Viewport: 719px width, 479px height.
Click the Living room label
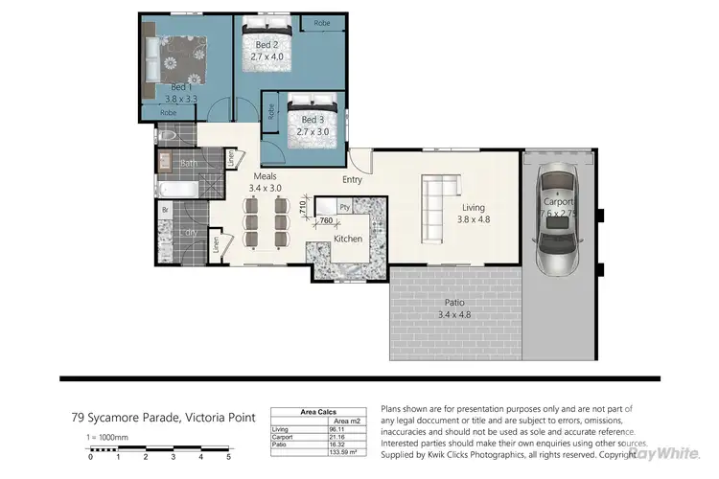pos(474,207)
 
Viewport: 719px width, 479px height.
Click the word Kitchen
pos(347,238)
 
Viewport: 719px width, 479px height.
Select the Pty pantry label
pos(344,207)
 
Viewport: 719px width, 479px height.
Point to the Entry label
pos(352,179)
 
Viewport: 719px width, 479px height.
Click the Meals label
pos(266,176)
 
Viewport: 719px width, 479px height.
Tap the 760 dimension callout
pos(313,220)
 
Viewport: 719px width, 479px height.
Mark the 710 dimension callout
pos(302,204)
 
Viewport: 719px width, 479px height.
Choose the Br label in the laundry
pos(165,209)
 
